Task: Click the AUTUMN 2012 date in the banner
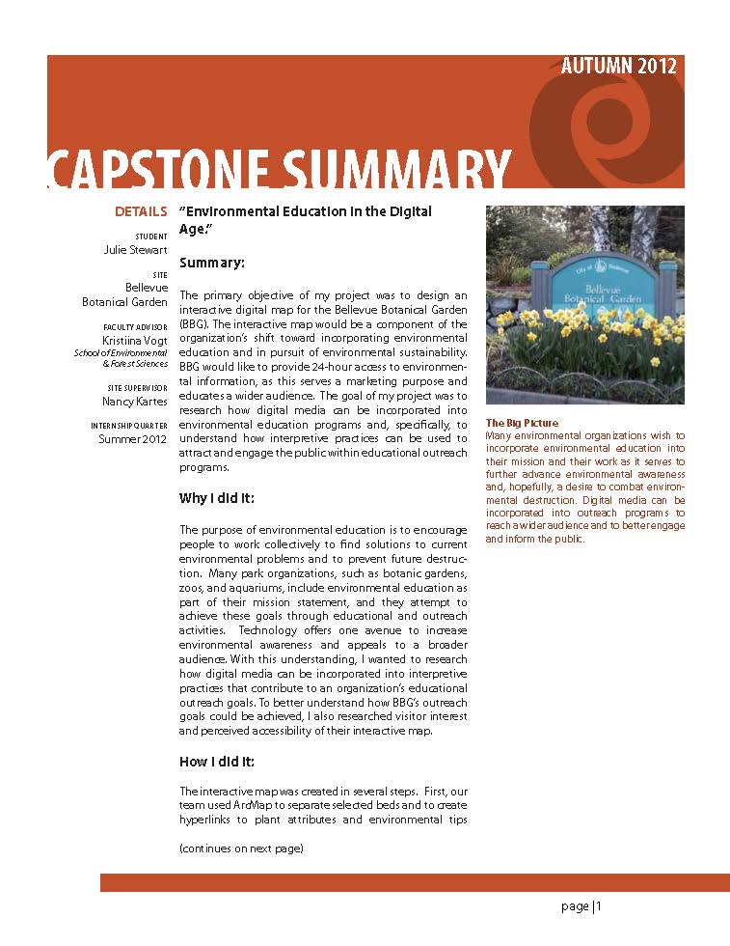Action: coord(618,67)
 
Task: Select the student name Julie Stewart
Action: coord(135,250)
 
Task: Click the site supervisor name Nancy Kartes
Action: coord(135,401)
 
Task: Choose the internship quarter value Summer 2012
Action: coord(133,439)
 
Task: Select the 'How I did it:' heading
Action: coord(216,762)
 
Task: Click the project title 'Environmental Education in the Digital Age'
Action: coord(305,220)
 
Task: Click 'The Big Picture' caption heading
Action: coord(521,424)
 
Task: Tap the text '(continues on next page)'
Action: coord(241,849)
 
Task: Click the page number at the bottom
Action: coord(581,906)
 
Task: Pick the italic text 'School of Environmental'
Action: coord(121,353)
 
